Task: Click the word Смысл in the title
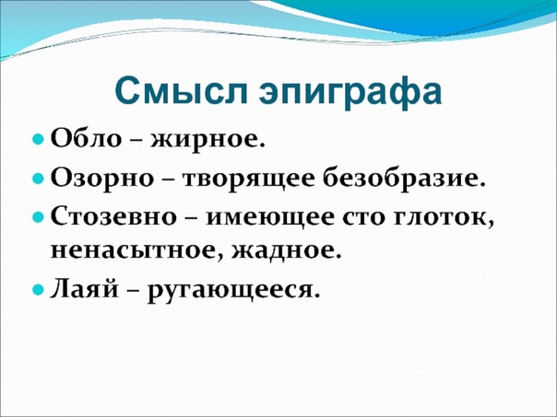(181, 92)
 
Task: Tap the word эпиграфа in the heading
(350, 95)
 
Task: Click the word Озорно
(102, 178)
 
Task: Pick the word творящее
(249, 180)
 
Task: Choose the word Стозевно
(113, 216)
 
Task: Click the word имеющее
(270, 218)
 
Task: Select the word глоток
(444, 219)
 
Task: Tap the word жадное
(286, 251)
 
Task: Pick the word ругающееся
(232, 293)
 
